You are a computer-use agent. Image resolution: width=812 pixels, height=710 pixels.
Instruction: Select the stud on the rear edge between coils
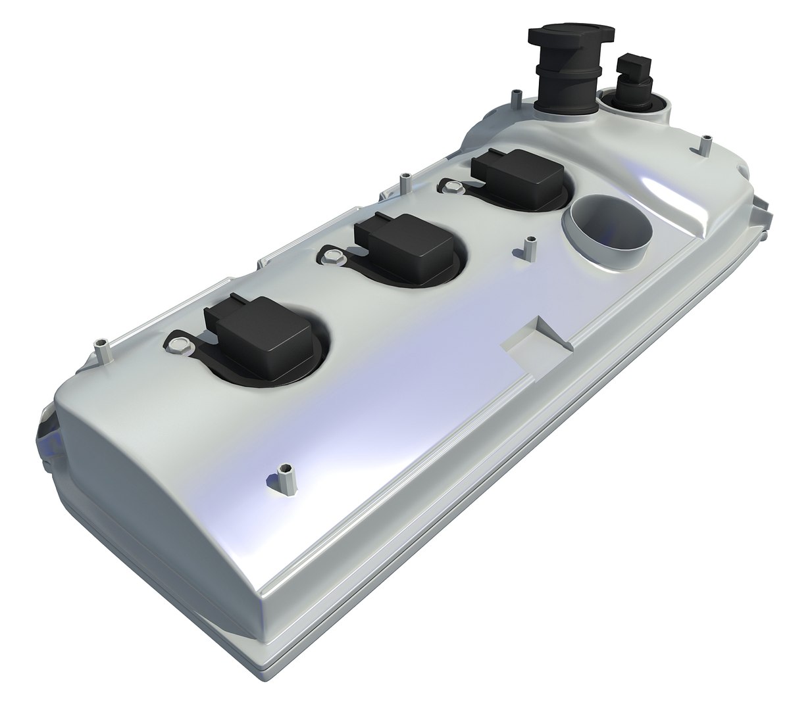tap(401, 184)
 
